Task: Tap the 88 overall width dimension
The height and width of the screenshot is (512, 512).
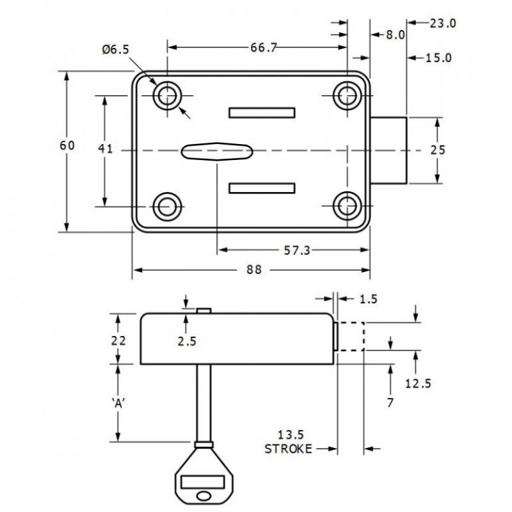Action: [254, 270]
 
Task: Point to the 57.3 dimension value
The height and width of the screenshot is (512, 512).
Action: [296, 250]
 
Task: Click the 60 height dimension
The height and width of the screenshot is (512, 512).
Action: [67, 146]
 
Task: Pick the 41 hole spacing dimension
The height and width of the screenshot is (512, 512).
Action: [106, 149]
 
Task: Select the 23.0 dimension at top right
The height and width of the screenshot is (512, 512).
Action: [443, 24]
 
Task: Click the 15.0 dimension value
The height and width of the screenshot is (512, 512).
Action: [439, 58]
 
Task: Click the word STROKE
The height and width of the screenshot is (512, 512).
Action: [288, 449]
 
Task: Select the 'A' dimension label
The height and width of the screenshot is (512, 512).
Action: [117, 403]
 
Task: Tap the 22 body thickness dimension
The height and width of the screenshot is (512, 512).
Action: [118, 341]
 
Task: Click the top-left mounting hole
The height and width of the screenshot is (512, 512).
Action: [168, 97]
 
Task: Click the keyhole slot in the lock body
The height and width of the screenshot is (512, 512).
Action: [216, 151]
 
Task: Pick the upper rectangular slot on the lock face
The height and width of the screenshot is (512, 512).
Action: [262, 113]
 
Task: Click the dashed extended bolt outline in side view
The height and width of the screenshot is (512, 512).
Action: [351, 337]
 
